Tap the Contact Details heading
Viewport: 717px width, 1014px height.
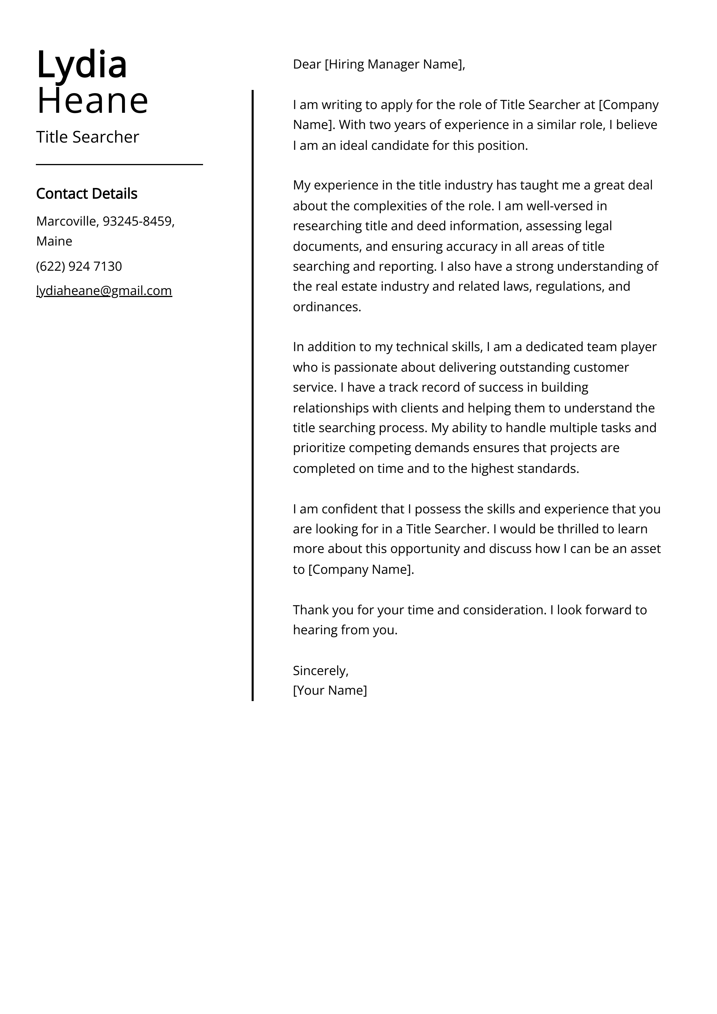pos(86,193)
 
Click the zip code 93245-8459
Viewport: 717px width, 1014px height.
pos(137,221)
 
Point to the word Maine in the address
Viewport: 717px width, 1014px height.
pos(54,241)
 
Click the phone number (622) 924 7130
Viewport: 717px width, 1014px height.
pos(79,266)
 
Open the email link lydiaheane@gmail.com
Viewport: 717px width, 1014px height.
pos(104,291)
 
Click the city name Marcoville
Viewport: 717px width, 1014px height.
pos(66,221)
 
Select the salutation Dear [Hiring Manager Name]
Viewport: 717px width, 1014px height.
pos(379,64)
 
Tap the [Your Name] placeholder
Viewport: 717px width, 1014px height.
pos(329,690)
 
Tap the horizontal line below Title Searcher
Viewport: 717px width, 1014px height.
pos(119,165)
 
